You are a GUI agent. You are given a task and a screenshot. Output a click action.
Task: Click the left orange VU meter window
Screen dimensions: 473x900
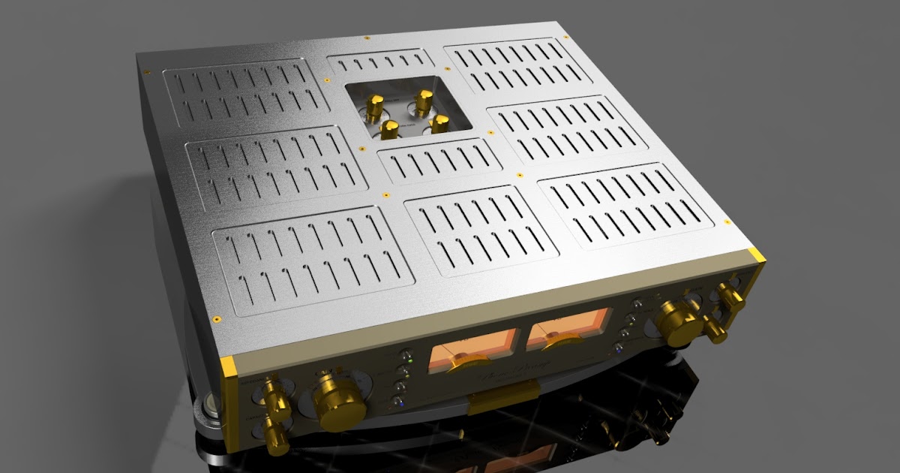(x=459, y=357)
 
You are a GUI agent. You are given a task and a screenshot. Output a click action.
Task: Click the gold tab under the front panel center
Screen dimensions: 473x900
(x=503, y=396)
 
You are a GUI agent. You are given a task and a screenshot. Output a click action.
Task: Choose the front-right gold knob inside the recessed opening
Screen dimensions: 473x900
(x=437, y=122)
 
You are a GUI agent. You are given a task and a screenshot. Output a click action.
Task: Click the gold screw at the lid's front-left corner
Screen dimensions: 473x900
(x=216, y=318)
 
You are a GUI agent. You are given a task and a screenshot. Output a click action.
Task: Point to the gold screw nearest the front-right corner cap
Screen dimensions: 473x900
(x=727, y=221)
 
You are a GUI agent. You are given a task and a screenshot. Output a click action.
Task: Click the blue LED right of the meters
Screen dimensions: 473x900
(x=616, y=348)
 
